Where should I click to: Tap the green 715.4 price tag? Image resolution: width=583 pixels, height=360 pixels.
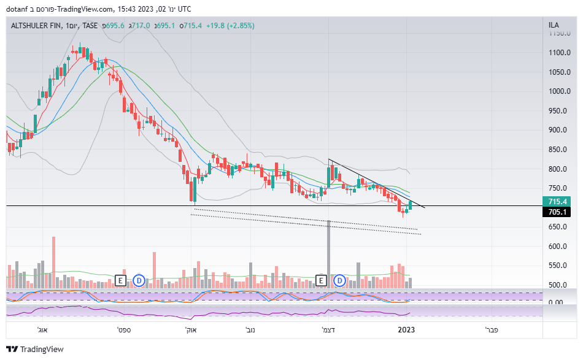[x=557, y=201]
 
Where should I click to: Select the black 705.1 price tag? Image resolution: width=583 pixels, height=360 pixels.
[x=557, y=212]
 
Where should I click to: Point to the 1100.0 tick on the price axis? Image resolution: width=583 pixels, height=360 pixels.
[x=560, y=53]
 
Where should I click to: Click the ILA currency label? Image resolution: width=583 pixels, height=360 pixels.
[x=554, y=26]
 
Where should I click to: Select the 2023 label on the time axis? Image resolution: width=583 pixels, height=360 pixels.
[x=406, y=330]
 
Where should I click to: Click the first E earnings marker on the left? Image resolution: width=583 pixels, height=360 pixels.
[x=121, y=281]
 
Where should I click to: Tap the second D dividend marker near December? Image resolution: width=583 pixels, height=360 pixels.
[x=339, y=281]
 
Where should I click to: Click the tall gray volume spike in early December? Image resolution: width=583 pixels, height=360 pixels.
[x=329, y=251]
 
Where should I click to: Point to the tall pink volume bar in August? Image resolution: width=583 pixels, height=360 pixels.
[x=53, y=261]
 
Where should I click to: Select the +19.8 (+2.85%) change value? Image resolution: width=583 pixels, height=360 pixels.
[x=230, y=26]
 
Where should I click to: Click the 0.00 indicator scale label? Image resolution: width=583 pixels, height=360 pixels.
[x=556, y=302]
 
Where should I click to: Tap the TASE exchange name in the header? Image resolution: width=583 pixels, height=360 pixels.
[x=90, y=26]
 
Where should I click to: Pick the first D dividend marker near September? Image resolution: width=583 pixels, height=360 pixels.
[x=139, y=281]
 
